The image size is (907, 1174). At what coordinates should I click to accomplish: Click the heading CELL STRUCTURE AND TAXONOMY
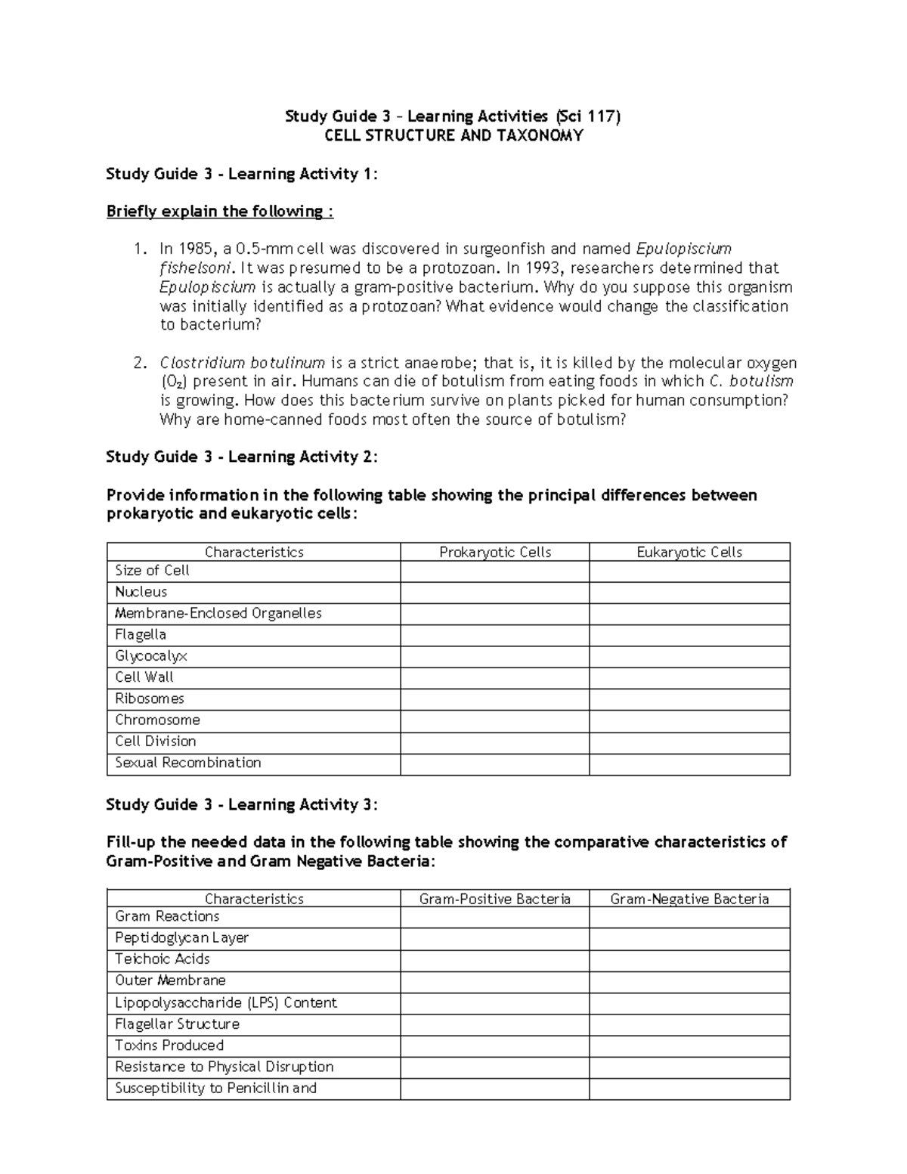coord(453,136)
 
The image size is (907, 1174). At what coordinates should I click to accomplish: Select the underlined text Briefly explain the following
coord(219,212)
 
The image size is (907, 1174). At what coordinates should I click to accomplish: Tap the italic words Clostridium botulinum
coord(242,363)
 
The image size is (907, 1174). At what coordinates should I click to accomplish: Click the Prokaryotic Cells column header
coord(495,553)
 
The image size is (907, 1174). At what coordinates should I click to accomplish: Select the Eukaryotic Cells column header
coord(689,553)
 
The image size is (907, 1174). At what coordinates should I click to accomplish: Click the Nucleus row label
coord(141,592)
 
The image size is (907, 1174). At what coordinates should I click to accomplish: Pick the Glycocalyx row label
coord(151,656)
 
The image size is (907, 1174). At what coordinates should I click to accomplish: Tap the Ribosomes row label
coord(150,699)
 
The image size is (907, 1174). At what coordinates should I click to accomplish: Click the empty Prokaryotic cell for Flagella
coord(495,635)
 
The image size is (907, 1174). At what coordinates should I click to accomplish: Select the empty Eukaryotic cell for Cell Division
coord(689,742)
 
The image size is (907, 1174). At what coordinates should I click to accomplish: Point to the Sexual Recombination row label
coord(188,763)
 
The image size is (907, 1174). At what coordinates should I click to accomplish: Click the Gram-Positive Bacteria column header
coord(495,899)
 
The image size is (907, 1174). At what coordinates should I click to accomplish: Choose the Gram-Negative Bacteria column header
coord(689,899)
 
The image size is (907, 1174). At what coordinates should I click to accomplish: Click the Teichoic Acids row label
coord(163,959)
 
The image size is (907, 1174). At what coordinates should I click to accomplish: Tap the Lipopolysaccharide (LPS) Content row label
coord(226,1003)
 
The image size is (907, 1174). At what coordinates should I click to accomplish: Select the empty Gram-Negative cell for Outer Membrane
coord(689,981)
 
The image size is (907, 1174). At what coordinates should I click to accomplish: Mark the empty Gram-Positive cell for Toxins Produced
coord(495,1045)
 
